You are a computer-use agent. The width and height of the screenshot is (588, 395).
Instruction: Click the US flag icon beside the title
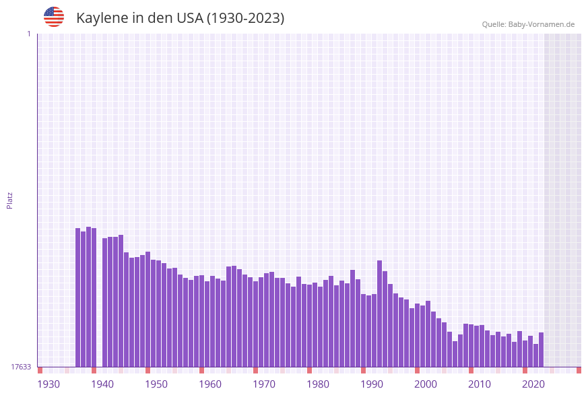(54, 17)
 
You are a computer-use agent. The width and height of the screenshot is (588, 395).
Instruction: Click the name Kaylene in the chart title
(102, 18)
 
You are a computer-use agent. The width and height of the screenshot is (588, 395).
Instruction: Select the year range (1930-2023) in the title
(245, 18)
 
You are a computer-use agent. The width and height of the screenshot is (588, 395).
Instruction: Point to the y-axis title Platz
(9, 200)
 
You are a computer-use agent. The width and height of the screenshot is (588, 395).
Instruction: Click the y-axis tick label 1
(28, 34)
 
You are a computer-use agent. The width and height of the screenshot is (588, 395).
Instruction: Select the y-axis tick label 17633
(21, 367)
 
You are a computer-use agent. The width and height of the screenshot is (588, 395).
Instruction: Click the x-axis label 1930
(48, 384)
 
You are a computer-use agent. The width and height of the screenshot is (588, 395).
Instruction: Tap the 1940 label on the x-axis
(102, 384)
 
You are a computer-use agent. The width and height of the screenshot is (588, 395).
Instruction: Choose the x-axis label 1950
(156, 384)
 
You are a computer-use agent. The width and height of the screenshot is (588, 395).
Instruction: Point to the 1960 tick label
(210, 384)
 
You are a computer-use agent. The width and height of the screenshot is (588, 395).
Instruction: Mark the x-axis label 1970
(264, 384)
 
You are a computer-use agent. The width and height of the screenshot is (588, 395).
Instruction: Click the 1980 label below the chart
(318, 384)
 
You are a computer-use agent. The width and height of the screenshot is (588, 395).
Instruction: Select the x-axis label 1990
(372, 384)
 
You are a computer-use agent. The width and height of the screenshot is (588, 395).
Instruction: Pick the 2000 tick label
(426, 384)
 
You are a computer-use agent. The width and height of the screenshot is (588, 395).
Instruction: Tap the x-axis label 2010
(480, 384)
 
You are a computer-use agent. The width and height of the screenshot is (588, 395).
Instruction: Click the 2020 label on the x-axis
(533, 384)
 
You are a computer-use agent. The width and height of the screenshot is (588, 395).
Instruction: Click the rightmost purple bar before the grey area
(541, 349)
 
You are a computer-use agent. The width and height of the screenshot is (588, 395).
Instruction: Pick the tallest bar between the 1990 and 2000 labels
(380, 314)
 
